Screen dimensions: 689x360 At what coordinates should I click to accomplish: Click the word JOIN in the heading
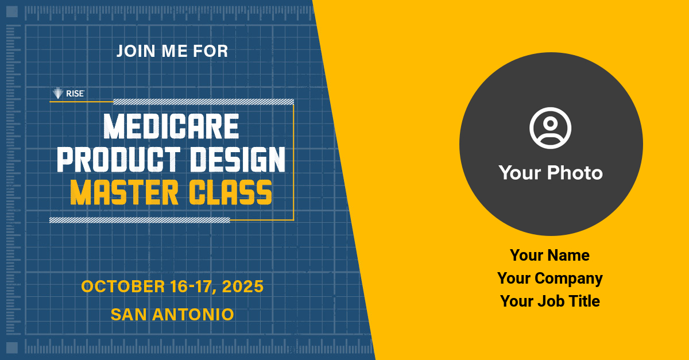point(136,51)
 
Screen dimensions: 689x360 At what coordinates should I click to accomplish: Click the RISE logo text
point(75,94)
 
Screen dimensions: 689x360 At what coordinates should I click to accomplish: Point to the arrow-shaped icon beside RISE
point(57,93)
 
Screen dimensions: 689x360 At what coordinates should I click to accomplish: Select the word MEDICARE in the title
point(171,126)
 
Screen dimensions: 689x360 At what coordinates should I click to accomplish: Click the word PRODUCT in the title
point(118,159)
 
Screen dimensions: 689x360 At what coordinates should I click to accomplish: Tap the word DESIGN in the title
point(238,159)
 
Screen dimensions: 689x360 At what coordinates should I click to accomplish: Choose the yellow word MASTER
point(124,192)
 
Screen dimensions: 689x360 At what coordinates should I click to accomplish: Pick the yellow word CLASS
point(230,192)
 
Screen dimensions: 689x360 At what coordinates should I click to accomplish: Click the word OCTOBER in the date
point(123,287)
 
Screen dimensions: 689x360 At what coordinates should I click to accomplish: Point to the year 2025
point(243,287)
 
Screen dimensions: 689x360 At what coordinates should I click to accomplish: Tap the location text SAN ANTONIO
point(172,315)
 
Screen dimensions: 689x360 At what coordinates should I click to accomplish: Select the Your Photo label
point(551,173)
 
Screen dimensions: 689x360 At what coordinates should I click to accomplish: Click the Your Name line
point(549,255)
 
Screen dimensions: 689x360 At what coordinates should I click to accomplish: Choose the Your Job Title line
point(550,301)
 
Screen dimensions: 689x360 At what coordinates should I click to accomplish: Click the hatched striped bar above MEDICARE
point(204,102)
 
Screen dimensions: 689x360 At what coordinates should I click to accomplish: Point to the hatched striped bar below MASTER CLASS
point(140,220)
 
